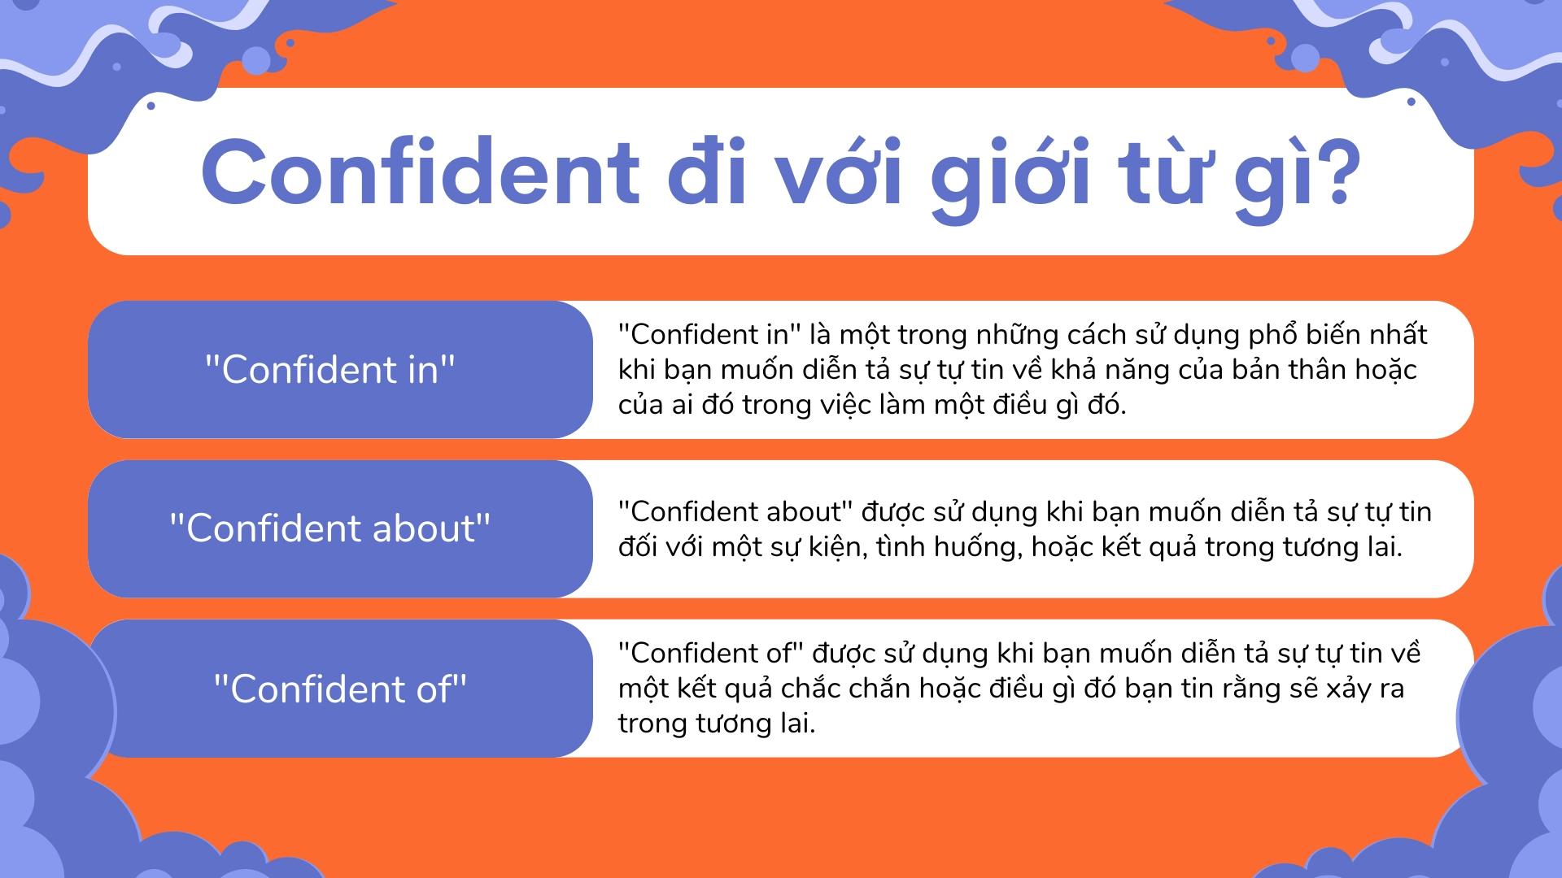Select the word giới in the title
1010,175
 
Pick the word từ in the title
1161,172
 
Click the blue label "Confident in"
329,370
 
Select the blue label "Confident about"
329,528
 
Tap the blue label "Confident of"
340,689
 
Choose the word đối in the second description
638,547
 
